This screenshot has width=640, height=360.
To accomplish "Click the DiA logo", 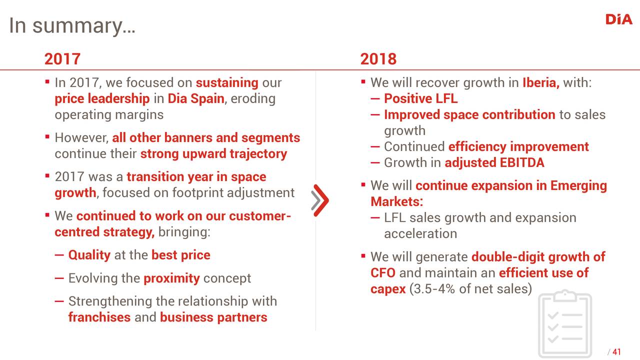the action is (618, 19).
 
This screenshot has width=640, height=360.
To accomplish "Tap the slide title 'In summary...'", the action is (72, 25).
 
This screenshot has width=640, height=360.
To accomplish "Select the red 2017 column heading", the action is (62, 59).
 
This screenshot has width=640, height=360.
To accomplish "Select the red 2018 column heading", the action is (378, 59).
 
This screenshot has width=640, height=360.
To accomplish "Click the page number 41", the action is (616, 351).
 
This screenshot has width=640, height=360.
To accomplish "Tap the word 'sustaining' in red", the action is (227, 83).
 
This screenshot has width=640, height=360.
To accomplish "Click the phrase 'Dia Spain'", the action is (196, 98).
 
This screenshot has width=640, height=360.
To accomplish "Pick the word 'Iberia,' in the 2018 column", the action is (541, 82).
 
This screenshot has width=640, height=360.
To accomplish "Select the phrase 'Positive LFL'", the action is (420, 98).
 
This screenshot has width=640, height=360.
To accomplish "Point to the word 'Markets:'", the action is (396, 201).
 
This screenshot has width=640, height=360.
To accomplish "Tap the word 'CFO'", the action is (383, 273).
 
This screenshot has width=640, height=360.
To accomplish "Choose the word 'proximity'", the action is (171, 278).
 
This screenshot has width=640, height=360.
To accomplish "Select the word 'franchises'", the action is (99, 317).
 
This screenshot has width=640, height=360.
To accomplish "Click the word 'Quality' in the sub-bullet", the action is (89, 255).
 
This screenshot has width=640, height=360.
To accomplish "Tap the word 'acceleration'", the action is (420, 233).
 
